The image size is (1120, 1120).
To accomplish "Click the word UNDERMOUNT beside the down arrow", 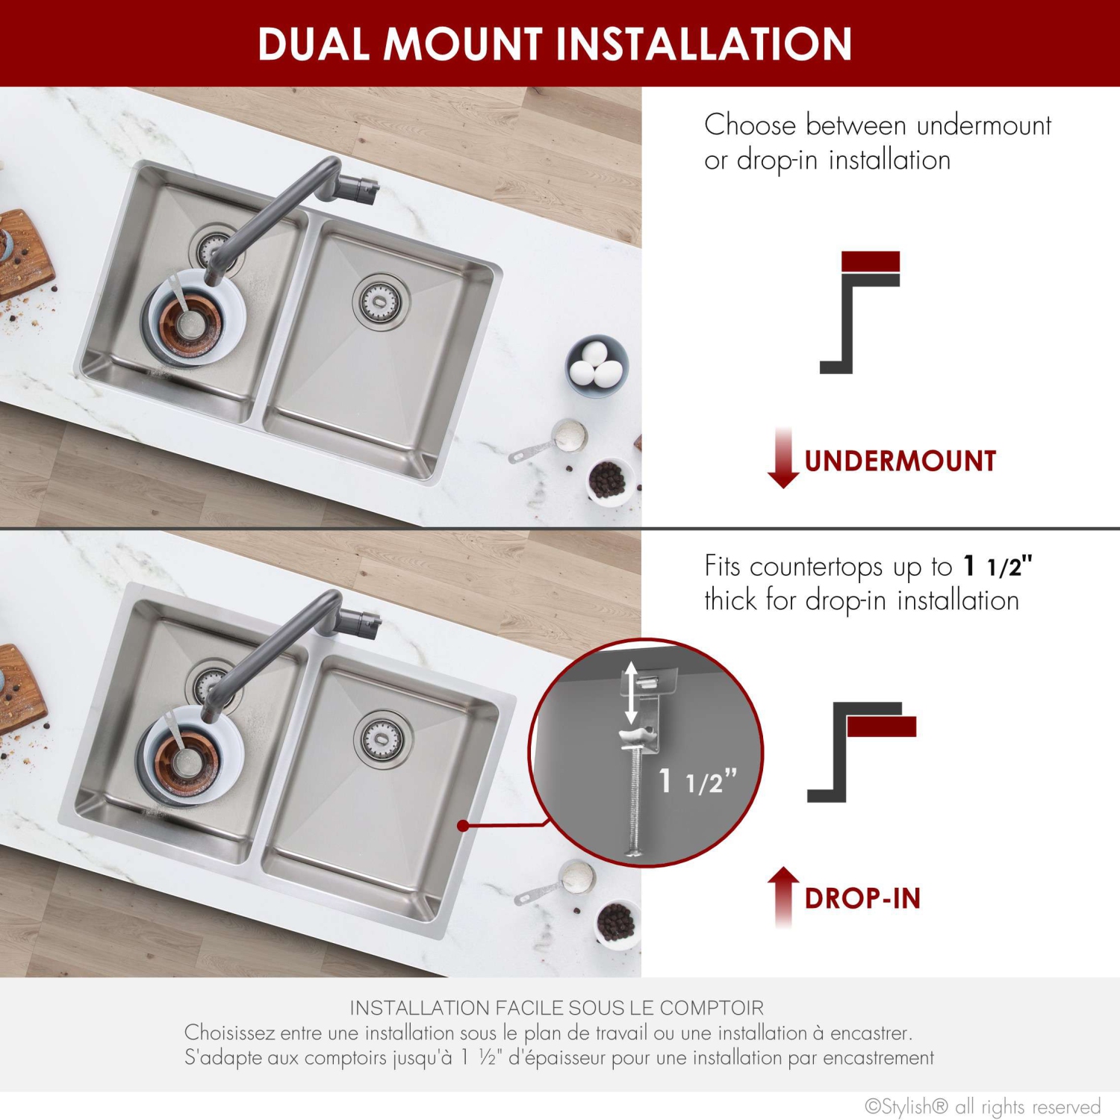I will [x=900, y=461].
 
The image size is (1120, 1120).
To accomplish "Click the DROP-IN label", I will [x=862, y=898].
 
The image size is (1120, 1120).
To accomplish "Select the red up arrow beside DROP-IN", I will [x=783, y=896].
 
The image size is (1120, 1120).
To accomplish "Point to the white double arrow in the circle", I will [x=632, y=692].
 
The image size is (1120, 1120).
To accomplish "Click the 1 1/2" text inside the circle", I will [x=697, y=782].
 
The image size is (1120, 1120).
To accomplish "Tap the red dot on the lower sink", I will [x=463, y=826].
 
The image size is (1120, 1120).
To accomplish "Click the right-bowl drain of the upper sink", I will [x=382, y=301].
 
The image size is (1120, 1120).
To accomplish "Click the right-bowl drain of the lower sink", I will [x=384, y=738].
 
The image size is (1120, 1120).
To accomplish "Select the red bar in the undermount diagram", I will [x=870, y=261].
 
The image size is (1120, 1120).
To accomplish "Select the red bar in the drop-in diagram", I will [x=881, y=727].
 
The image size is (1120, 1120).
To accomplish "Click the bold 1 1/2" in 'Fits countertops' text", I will [x=998, y=567].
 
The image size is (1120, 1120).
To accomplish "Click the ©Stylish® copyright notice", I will [x=982, y=1106].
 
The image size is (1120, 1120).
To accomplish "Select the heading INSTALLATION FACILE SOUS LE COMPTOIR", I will [x=557, y=1008].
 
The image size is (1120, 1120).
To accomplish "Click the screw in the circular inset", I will [x=635, y=806].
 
